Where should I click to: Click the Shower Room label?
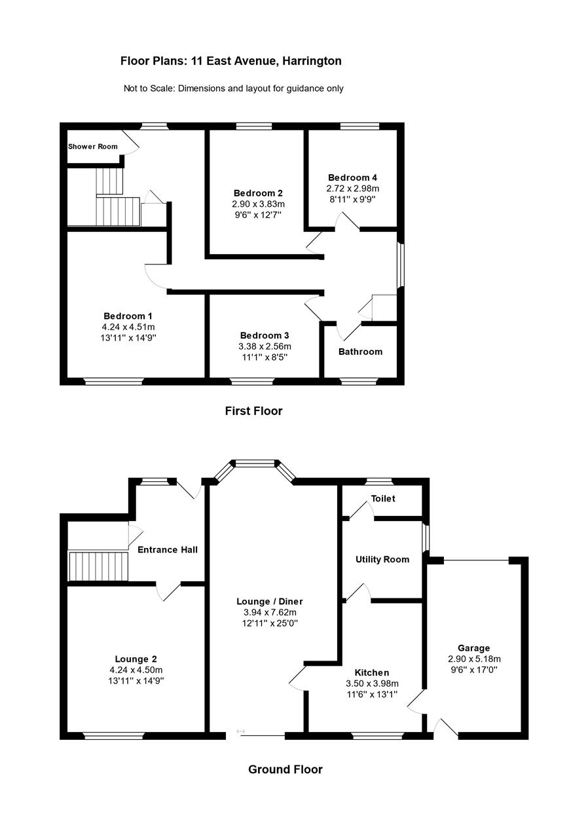(93, 146)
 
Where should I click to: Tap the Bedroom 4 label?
(352, 177)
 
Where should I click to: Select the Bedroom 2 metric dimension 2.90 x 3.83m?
(258, 204)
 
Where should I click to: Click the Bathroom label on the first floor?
(360, 352)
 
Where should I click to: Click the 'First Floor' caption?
(253, 411)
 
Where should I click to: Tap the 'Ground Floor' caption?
(285, 769)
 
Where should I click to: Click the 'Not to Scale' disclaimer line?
(233, 88)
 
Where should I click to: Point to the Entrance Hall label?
(168, 549)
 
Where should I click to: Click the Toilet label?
(383, 498)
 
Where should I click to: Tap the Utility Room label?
(382, 559)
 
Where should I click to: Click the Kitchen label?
(371, 672)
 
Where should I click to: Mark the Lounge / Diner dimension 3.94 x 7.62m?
(270, 612)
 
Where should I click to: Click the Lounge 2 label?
(136, 659)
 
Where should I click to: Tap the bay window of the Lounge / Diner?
(255, 464)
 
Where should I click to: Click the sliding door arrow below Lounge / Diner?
(240, 731)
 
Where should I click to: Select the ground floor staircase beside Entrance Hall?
(98, 566)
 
